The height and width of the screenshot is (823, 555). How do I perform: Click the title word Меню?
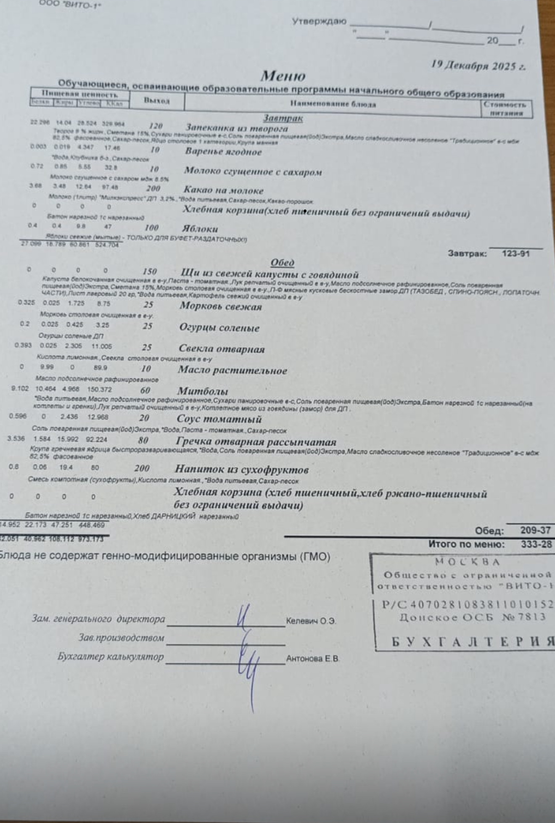(283, 76)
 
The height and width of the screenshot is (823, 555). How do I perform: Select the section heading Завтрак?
(283, 119)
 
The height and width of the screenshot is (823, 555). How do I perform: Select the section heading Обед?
(282, 263)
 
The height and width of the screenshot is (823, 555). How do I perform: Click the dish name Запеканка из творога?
(237, 128)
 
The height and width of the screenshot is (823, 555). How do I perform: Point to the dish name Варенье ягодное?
(223, 152)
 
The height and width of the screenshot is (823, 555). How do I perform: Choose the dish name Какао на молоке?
(223, 190)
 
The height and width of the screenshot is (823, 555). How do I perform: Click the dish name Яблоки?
(200, 229)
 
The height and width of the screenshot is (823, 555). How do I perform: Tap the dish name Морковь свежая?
(220, 306)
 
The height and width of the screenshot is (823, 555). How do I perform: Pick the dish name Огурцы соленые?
(219, 328)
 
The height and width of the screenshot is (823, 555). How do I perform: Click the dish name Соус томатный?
(219, 419)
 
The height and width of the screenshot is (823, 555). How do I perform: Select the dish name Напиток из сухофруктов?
(241, 470)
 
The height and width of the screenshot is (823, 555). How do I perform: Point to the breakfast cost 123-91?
(516, 253)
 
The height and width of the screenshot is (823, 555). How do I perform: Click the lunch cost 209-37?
(535, 530)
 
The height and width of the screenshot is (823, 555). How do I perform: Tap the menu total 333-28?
(536, 544)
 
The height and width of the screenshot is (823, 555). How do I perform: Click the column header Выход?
(156, 101)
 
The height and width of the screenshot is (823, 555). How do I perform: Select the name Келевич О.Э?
(311, 621)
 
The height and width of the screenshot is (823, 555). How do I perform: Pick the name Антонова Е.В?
(312, 659)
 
